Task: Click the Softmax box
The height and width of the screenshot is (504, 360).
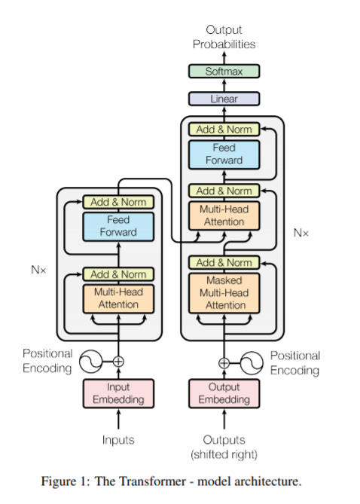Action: tap(224, 72)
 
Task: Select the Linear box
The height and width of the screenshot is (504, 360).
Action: tap(224, 99)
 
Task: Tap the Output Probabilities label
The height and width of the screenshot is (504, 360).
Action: tap(224, 37)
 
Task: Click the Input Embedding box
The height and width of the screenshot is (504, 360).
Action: tap(117, 393)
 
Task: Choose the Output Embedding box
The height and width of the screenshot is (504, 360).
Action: tap(224, 393)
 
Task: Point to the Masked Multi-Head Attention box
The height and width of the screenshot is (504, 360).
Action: tap(224, 293)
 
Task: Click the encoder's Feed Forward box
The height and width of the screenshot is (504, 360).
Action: tap(117, 226)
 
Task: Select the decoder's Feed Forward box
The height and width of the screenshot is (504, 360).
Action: tap(224, 154)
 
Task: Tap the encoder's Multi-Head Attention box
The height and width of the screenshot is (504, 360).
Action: tap(117, 298)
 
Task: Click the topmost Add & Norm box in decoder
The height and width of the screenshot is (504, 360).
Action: tap(224, 130)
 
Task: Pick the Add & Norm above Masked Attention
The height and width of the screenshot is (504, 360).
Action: tap(224, 263)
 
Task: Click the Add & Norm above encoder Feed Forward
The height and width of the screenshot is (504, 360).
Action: tap(117, 202)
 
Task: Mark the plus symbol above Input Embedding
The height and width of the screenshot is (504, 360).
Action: tap(117, 362)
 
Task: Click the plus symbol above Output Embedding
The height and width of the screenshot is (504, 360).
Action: tap(224, 362)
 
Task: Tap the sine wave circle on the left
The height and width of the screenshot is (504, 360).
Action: tap(90, 362)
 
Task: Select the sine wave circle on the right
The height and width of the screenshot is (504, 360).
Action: tap(252, 362)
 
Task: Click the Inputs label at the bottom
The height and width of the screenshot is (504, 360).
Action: tap(117, 439)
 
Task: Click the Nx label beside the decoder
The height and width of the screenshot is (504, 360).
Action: tap(301, 233)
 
